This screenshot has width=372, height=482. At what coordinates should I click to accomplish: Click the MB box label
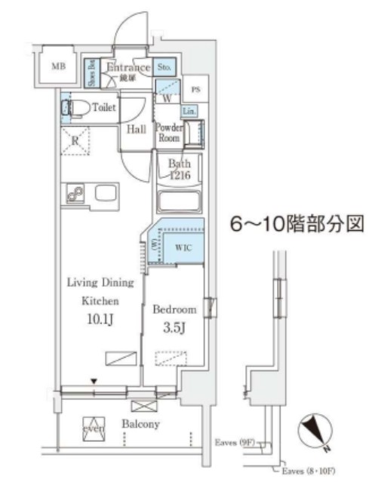(57, 66)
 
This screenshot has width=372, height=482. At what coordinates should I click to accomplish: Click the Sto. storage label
(165, 68)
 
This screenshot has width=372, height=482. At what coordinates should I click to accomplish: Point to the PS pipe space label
(195, 89)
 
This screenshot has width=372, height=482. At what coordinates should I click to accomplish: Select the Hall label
(136, 129)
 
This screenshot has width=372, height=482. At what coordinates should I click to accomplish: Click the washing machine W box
(167, 97)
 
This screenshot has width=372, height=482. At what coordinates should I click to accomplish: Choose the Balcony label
(140, 425)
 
